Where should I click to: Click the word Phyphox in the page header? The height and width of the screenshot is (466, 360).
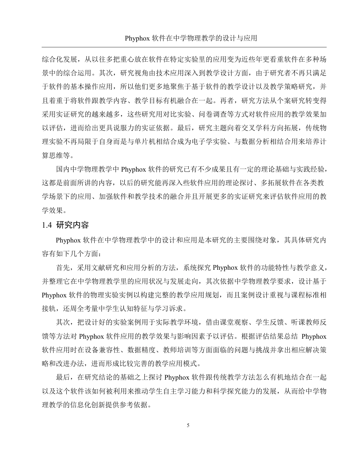pyautogui.click(x=137, y=38)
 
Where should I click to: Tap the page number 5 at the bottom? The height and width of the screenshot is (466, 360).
pyautogui.click(x=188, y=425)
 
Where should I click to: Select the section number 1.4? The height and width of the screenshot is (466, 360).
pyautogui.click(x=47, y=225)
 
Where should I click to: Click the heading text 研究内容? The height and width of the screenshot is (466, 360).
pyautogui.click(x=72, y=225)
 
